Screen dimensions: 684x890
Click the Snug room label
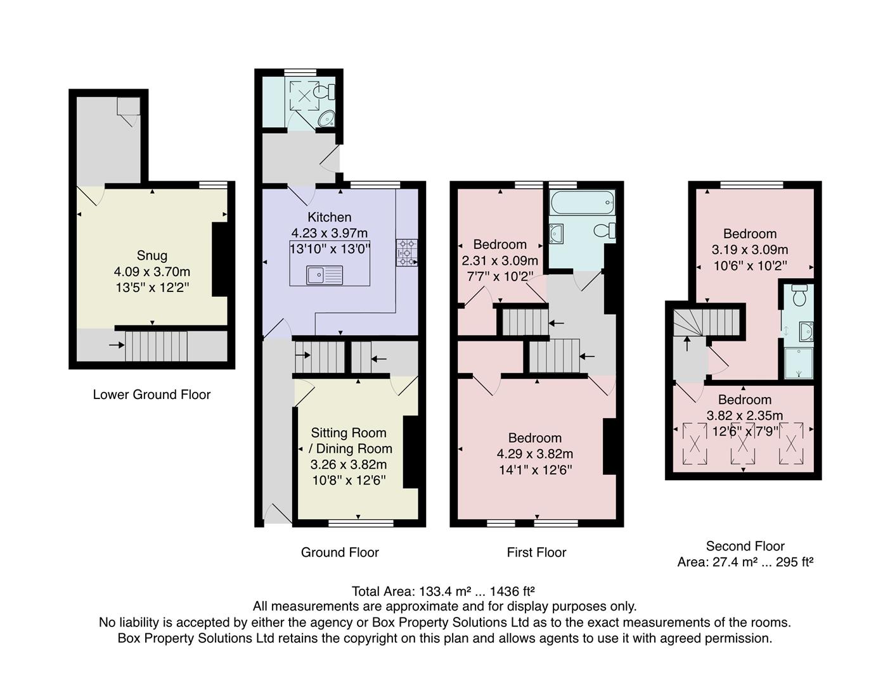[152, 255]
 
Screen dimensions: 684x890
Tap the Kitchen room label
[329, 217]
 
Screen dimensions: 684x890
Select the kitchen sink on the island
[316, 275]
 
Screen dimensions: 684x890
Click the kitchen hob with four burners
[406, 253]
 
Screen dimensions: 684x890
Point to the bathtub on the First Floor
[581, 203]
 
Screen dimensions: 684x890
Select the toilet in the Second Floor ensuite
[799, 295]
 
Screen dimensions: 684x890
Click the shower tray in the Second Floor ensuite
[798, 363]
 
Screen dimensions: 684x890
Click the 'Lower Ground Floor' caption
[152, 395]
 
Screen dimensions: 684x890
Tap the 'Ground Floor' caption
[340, 552]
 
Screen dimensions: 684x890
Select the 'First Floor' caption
[536, 552]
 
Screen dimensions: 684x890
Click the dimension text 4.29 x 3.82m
[535, 454]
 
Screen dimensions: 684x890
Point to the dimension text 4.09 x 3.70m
[152, 272]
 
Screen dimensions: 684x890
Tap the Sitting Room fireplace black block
[411, 452]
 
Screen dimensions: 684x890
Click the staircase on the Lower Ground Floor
[156, 346]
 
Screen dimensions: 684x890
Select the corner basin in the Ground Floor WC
[326, 118]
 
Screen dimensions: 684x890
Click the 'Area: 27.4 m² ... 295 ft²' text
[745, 562]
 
